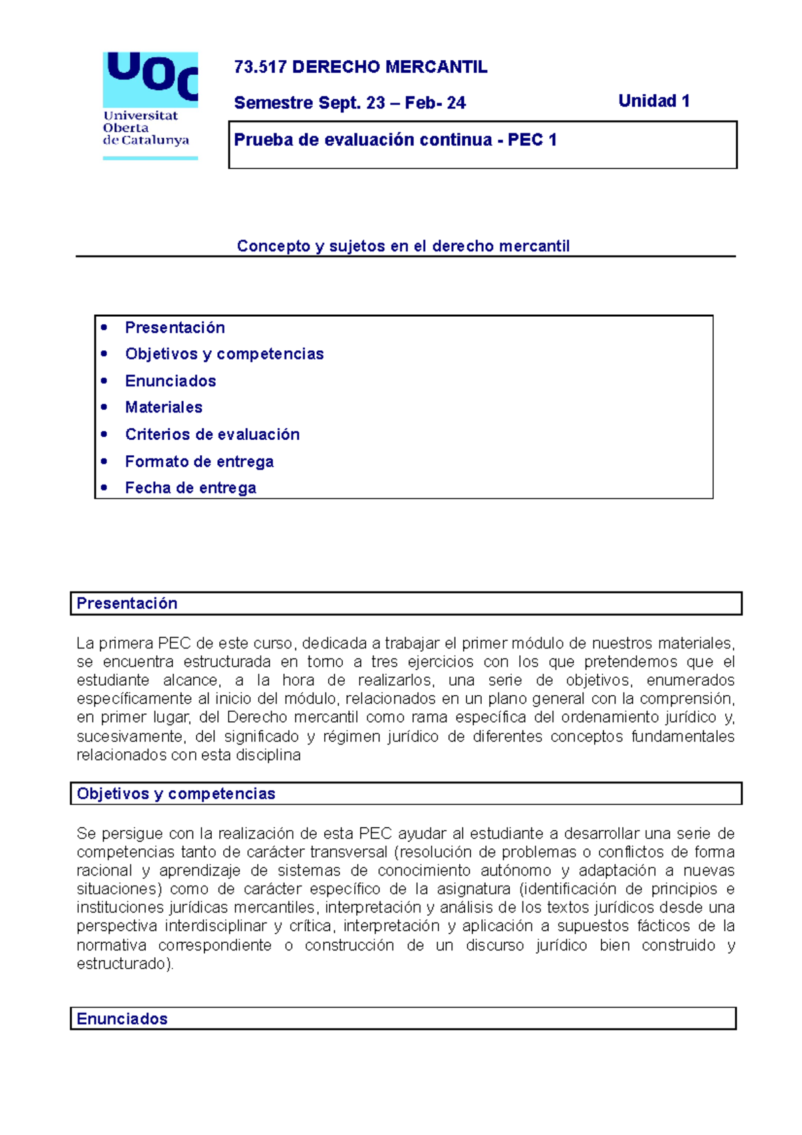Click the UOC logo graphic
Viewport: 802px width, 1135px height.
(150, 79)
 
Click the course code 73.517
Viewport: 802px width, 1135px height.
(260, 67)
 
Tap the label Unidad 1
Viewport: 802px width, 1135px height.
(654, 101)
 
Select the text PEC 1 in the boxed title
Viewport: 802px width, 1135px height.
(532, 140)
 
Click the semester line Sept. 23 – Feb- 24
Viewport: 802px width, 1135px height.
(350, 103)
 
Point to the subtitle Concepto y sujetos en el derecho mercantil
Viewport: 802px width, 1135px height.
(403, 246)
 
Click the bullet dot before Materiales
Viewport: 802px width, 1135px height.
(104, 407)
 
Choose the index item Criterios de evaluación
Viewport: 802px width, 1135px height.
(212, 434)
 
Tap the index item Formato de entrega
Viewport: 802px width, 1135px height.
(199, 461)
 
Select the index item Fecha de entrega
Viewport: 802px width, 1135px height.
(190, 488)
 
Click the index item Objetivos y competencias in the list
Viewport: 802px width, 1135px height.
(224, 354)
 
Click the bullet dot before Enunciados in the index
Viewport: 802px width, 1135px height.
(104, 381)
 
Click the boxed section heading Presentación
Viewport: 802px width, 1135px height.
(127, 604)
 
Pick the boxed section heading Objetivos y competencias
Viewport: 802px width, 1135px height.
(176, 793)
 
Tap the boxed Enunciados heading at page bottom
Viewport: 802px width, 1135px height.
(122, 1019)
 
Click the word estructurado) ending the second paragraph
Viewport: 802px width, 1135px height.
(124, 964)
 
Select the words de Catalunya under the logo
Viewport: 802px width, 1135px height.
(146, 140)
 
